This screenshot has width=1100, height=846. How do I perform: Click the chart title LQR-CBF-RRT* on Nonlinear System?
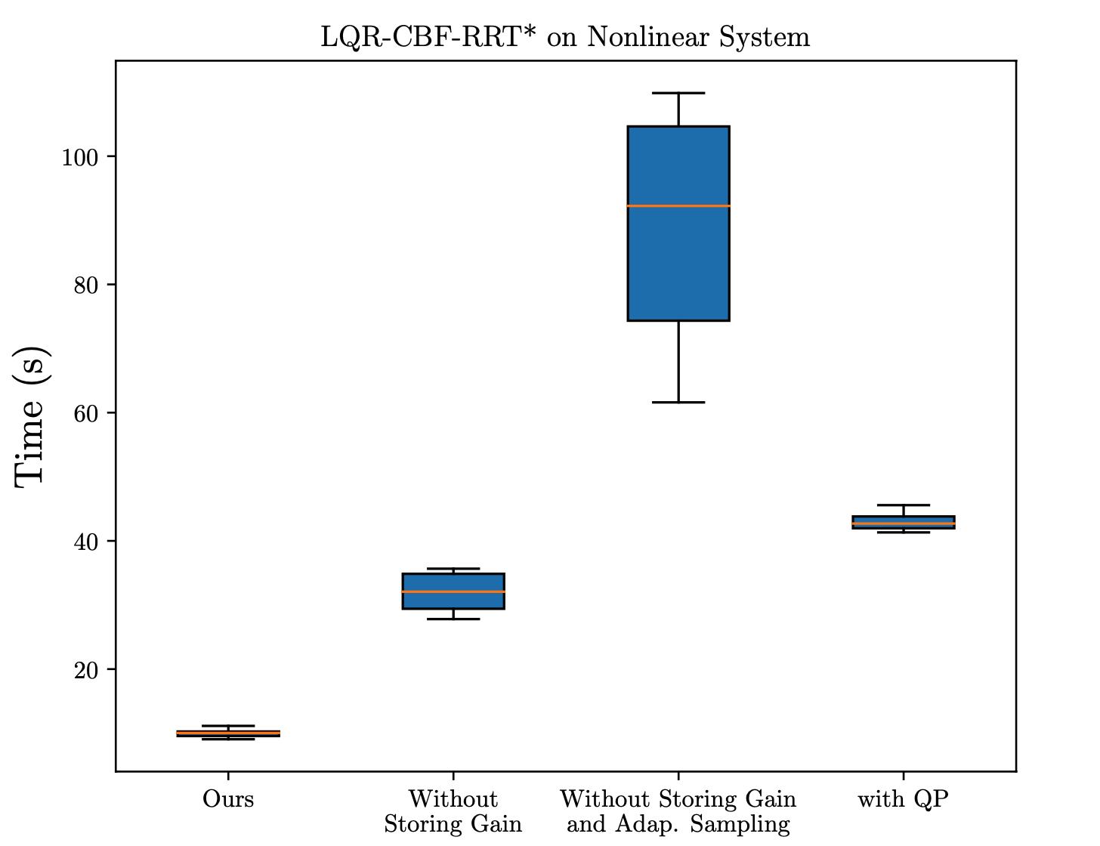pyautogui.click(x=565, y=37)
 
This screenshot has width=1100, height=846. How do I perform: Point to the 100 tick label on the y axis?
pyautogui.click(x=79, y=157)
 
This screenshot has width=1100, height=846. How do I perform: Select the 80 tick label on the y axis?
pyautogui.click(x=85, y=286)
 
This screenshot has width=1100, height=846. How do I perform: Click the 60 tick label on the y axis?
pyautogui.click(x=85, y=413)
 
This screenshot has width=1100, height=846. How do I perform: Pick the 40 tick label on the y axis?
pyautogui.click(x=85, y=542)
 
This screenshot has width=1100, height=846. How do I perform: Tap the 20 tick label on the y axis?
pyautogui.click(x=85, y=671)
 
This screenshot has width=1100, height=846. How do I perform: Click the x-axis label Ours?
pyautogui.click(x=228, y=799)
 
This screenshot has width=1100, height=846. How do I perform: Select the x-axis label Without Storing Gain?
pyautogui.click(x=453, y=811)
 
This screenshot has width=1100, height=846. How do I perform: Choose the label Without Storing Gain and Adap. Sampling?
pyautogui.click(x=678, y=811)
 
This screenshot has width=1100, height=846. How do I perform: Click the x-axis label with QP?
pyautogui.click(x=904, y=799)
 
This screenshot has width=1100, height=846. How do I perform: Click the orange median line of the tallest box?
pyautogui.click(x=678, y=206)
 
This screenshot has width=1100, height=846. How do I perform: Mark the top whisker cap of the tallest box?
pyautogui.click(x=678, y=93)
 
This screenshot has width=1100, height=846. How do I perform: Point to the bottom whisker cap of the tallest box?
pyautogui.click(x=678, y=403)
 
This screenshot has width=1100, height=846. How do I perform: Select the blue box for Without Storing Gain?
pyautogui.click(x=453, y=591)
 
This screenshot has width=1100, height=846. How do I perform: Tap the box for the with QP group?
pyautogui.click(x=904, y=522)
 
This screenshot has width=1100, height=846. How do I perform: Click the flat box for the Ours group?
pyautogui.click(x=228, y=733)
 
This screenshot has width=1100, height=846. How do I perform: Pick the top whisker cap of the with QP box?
pyautogui.click(x=904, y=505)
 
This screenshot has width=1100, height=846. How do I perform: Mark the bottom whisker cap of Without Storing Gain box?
pyautogui.click(x=453, y=619)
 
